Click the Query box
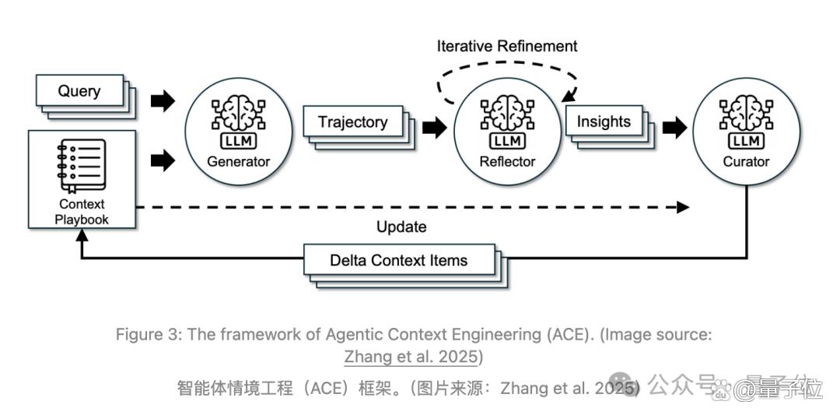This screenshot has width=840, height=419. pos(79,90)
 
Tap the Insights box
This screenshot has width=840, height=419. pos(604,121)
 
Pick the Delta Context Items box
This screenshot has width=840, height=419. pos(398,260)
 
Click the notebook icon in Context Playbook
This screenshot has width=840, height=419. pos(82,165)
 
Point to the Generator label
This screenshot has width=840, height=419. pos(239,161)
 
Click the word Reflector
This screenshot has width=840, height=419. pos(507,161)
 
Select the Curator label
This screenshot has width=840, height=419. pos(746,161)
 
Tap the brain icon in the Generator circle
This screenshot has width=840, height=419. pos(239,113)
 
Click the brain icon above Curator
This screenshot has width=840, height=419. pos(746,112)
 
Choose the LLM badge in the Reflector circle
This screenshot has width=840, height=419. pos(507,141)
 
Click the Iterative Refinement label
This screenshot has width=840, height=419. pos(507,46)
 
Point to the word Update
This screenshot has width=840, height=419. pos(401,227)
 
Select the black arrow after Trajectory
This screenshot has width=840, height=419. pos(435,128)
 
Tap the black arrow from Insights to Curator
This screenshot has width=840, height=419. pos(674,128)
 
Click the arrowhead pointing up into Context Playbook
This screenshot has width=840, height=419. pos(82,235)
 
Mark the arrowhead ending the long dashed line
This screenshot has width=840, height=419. pos(683,207)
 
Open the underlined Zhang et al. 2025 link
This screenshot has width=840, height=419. pos(411,357)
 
